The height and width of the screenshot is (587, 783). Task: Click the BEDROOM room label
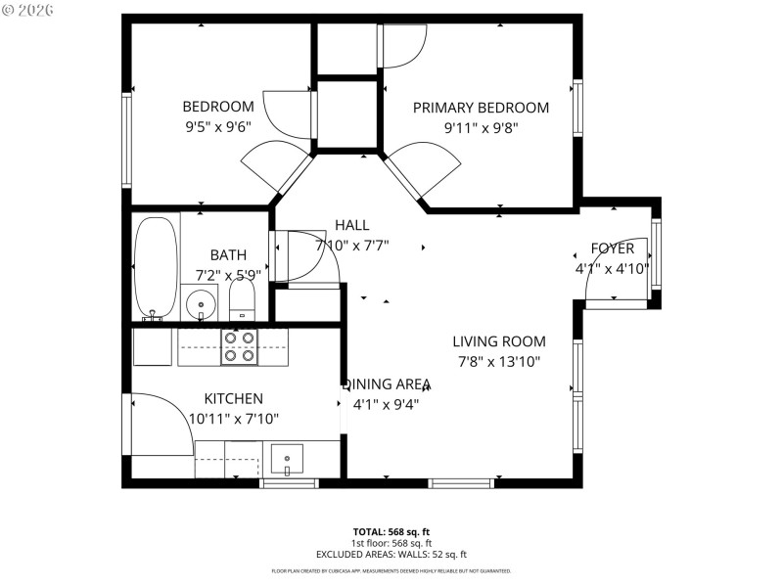pos(217,107)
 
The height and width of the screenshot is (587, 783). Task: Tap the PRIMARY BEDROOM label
pos(481,108)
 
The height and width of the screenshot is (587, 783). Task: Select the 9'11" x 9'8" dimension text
pos(481,127)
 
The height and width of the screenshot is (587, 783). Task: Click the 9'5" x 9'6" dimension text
pos(217,126)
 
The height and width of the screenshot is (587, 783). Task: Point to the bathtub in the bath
pos(156,267)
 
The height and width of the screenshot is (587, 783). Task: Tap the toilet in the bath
pos(242,297)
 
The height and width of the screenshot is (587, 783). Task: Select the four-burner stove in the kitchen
pos(240,345)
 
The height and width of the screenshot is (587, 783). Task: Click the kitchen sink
pos(287,457)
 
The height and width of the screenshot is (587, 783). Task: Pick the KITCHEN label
pos(233,398)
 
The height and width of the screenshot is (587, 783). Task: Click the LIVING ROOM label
pos(499,341)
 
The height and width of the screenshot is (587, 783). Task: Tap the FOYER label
pos(612,248)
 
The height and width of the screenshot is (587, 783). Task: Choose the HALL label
pos(352,225)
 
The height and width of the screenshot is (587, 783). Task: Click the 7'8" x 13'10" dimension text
pos(499,361)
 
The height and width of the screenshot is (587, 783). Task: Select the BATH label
pos(228,254)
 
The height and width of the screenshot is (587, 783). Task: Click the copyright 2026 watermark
pos(28,9)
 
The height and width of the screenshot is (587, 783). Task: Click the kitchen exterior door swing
pos(161,421)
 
